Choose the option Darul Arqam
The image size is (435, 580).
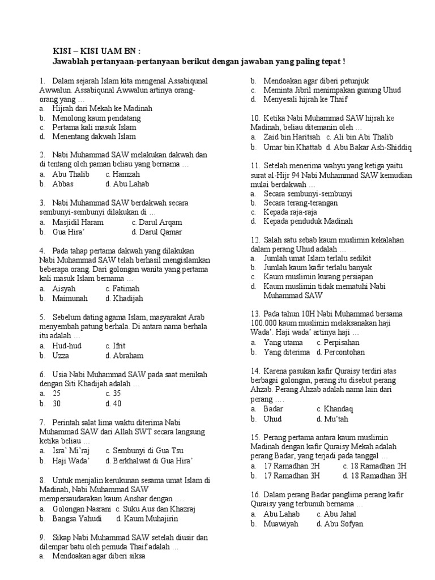pos(156,222)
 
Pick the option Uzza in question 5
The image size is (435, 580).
pos(61,356)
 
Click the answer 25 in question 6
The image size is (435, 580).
pos(57,393)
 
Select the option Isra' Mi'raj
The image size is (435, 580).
pos(71,450)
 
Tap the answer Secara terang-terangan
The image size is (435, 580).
pos(300,203)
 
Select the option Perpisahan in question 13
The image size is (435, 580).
pos(342,342)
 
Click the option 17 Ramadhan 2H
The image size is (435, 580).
pos(293,466)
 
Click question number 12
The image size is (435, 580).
pos(255,240)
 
